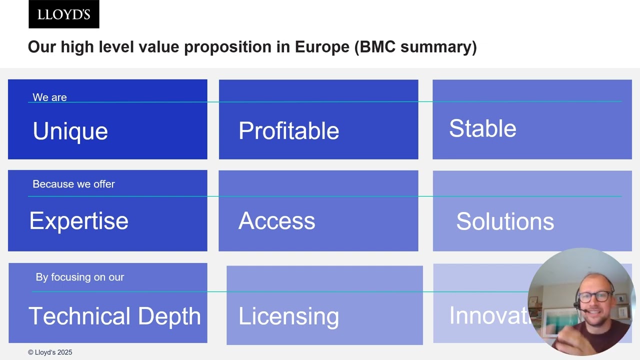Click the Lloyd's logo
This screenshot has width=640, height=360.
point(64,14)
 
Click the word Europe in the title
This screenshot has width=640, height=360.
point(322,47)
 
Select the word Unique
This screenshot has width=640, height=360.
point(70,131)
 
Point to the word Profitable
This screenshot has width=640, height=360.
point(288,131)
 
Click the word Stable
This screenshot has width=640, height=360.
point(482,128)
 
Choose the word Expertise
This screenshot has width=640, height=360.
point(78,221)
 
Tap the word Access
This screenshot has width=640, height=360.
point(276,221)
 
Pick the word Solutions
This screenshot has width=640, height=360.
point(505,221)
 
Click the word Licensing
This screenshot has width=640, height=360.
point(288,316)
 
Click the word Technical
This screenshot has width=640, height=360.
point(79,316)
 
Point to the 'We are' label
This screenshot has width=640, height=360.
point(49,97)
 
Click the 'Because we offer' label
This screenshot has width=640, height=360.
point(73,184)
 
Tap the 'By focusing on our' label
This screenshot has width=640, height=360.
point(79,277)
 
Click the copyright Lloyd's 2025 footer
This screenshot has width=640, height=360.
point(50,352)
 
